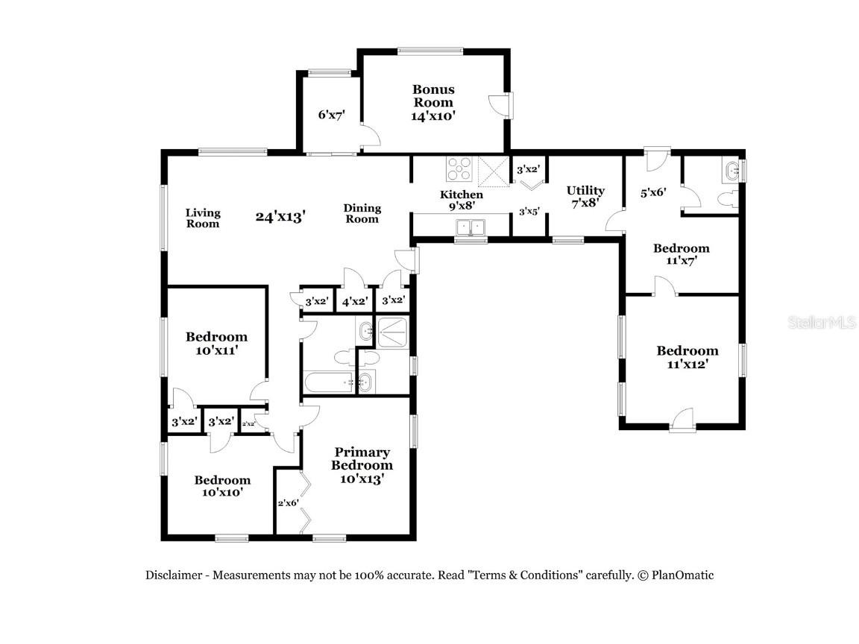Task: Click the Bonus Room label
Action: coord(433,103)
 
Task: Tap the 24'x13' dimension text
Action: coord(281,217)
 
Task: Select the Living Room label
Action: coord(203,218)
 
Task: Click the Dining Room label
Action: coord(362,213)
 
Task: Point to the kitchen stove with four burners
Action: coord(459,169)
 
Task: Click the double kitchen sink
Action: coord(471,226)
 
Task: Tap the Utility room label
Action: coord(585,197)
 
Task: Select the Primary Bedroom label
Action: coord(362,465)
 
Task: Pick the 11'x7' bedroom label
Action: coord(681,254)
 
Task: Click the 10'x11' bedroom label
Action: coord(216,343)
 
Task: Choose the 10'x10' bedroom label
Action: coord(222,486)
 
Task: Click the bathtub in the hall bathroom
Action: coord(329,383)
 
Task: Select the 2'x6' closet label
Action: coord(288,502)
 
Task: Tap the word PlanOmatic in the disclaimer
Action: coord(682,575)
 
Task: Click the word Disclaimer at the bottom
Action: coord(176,575)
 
